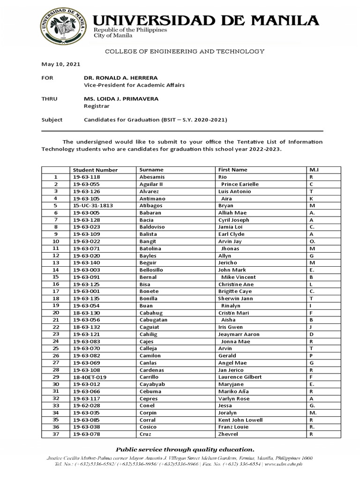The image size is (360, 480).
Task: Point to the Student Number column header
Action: pyautogui.click(x=95, y=170)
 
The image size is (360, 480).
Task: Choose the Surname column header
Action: pyautogui.click(x=151, y=170)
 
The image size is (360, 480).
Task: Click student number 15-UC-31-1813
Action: pyautogui.click(x=93, y=206)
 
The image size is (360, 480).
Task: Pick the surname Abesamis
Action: pyautogui.click(x=153, y=177)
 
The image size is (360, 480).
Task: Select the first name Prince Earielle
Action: pyautogui.click(x=240, y=184)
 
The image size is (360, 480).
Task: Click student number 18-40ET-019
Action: pyautogui.click(x=90, y=377)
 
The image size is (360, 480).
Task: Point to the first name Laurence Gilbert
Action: pyautogui.click(x=240, y=377)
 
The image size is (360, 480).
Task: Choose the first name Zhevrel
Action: pyautogui.click(x=229, y=434)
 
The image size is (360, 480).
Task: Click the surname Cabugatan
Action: pyautogui.click(x=154, y=320)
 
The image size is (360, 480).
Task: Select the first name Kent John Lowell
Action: pyautogui.click(x=240, y=420)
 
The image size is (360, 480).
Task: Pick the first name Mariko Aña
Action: pyautogui.click(x=233, y=391)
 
